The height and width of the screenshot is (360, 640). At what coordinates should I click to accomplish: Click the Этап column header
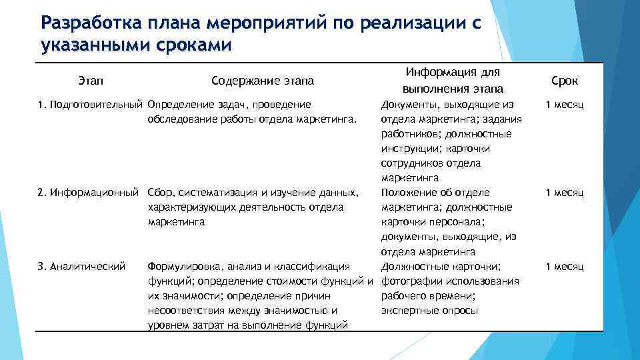90,81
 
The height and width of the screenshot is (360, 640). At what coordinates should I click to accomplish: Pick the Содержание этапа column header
263,81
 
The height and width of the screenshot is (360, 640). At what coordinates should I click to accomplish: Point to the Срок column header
565,81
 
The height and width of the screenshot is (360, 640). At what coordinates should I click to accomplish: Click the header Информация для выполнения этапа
453,80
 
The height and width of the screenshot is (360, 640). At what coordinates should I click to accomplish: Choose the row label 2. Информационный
89,193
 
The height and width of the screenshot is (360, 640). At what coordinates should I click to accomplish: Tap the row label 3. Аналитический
82,267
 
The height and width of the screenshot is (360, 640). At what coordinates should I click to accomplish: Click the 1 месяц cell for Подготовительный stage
565,105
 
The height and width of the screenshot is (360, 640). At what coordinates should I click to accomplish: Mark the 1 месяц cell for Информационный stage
565,193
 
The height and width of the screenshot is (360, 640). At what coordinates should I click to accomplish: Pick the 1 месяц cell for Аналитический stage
565,267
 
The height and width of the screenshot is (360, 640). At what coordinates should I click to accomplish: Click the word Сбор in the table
159,193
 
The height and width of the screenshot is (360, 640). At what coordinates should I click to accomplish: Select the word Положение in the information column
406,193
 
